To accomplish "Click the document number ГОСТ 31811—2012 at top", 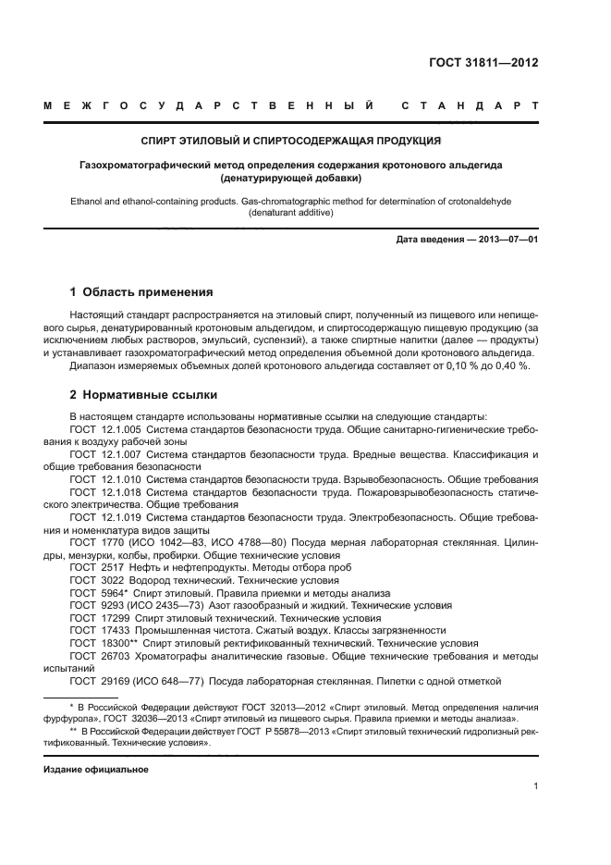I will point(483,63).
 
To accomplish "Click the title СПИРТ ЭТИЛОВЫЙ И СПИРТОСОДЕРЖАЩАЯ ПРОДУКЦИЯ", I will point(289,141).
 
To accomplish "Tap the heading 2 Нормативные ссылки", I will point(131,394).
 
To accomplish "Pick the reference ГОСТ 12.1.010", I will point(104,479).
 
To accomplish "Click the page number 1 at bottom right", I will point(535,786).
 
